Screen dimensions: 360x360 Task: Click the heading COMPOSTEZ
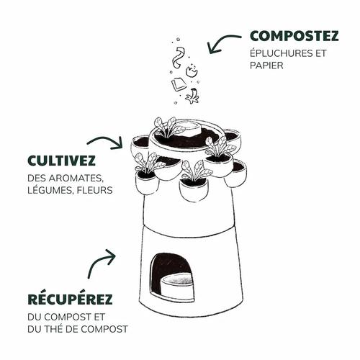(x=294, y=35)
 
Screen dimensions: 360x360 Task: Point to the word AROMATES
(x=78, y=178)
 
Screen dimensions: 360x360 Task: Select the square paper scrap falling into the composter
(x=179, y=84)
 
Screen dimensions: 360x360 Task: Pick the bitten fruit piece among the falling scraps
(x=192, y=71)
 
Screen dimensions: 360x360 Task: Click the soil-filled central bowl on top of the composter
(x=185, y=135)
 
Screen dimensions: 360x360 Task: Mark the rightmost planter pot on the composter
(x=235, y=173)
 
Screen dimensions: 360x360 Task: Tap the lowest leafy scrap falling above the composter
(x=192, y=96)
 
